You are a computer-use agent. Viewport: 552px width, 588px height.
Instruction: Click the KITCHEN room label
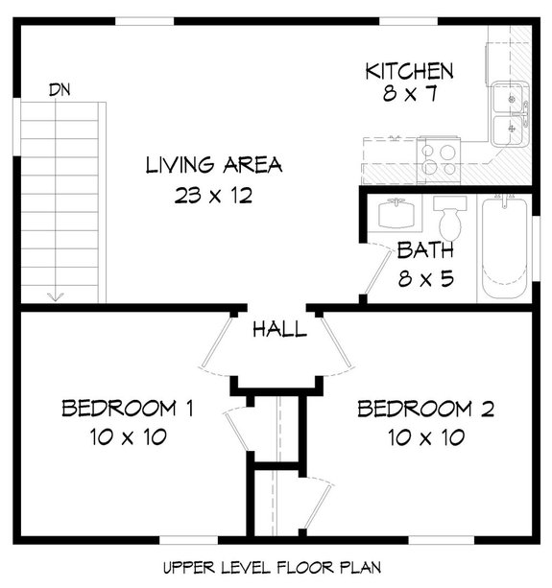408,71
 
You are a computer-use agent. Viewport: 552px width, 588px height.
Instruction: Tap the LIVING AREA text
213,164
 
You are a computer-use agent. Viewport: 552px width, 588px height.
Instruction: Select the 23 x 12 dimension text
213,196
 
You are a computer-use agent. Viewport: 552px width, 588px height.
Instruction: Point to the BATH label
425,251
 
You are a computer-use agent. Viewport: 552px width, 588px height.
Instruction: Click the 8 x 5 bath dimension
425,281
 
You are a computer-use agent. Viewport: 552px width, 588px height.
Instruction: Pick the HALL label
279,330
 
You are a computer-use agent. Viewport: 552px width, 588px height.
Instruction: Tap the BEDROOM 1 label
128,410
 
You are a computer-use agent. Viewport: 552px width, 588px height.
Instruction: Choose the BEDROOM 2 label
425,410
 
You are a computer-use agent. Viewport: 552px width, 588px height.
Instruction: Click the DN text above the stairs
60,89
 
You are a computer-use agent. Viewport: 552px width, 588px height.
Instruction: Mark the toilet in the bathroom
448,219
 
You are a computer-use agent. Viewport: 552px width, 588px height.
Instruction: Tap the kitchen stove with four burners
437,153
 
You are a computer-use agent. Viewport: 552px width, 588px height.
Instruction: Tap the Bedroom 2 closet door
322,504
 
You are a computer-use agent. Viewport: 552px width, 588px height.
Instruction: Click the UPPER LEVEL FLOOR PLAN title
276,568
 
